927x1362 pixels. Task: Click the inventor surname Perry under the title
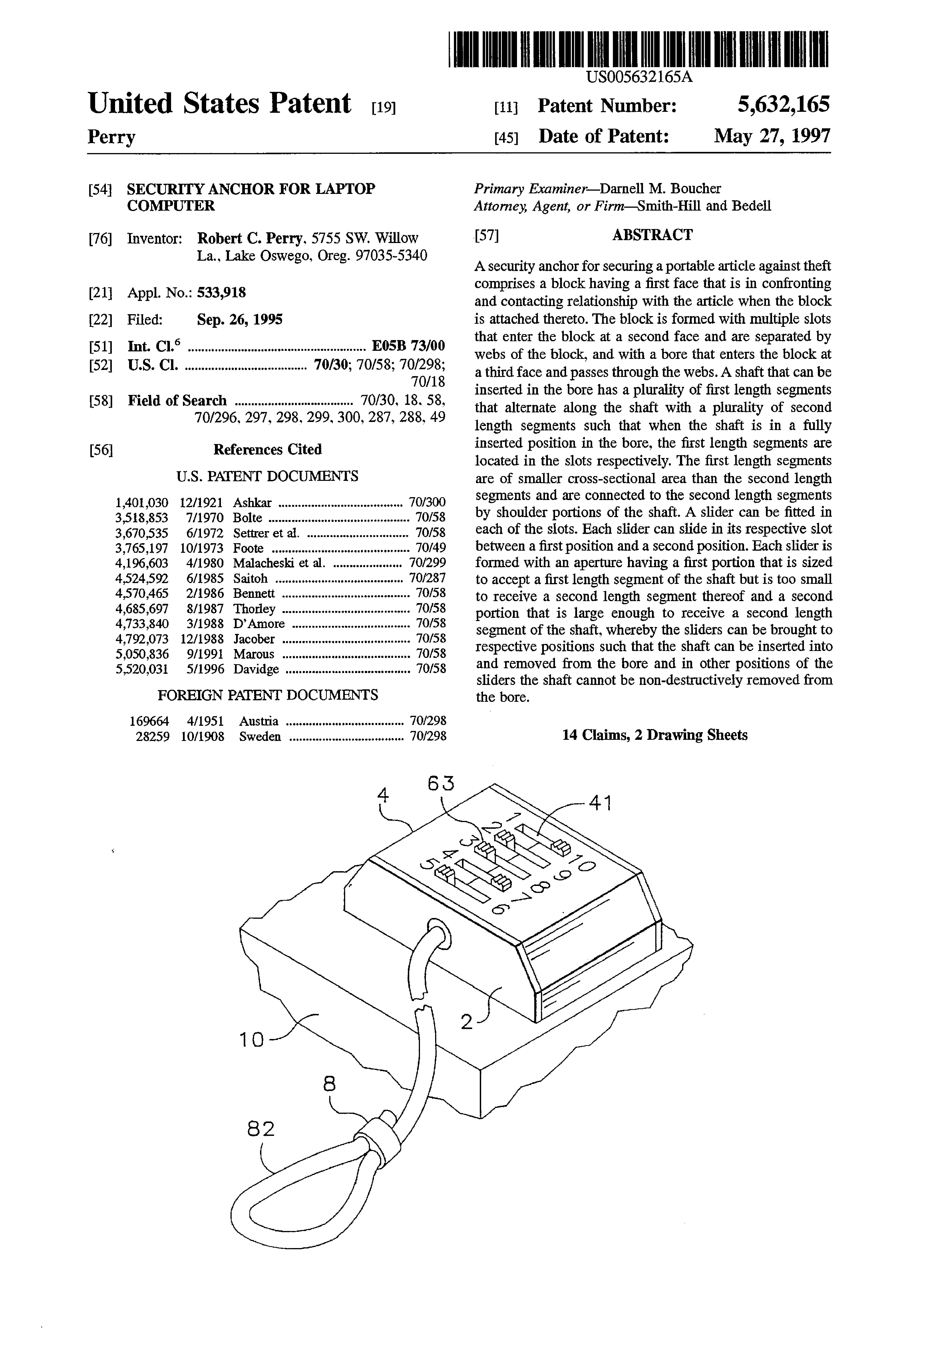coord(111,137)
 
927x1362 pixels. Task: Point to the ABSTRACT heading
coord(652,235)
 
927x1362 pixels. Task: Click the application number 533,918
coord(221,293)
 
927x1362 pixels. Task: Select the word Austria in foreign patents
coord(259,721)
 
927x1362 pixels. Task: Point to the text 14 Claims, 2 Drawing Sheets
coord(654,735)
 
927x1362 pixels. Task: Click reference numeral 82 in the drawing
coord(261,1129)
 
